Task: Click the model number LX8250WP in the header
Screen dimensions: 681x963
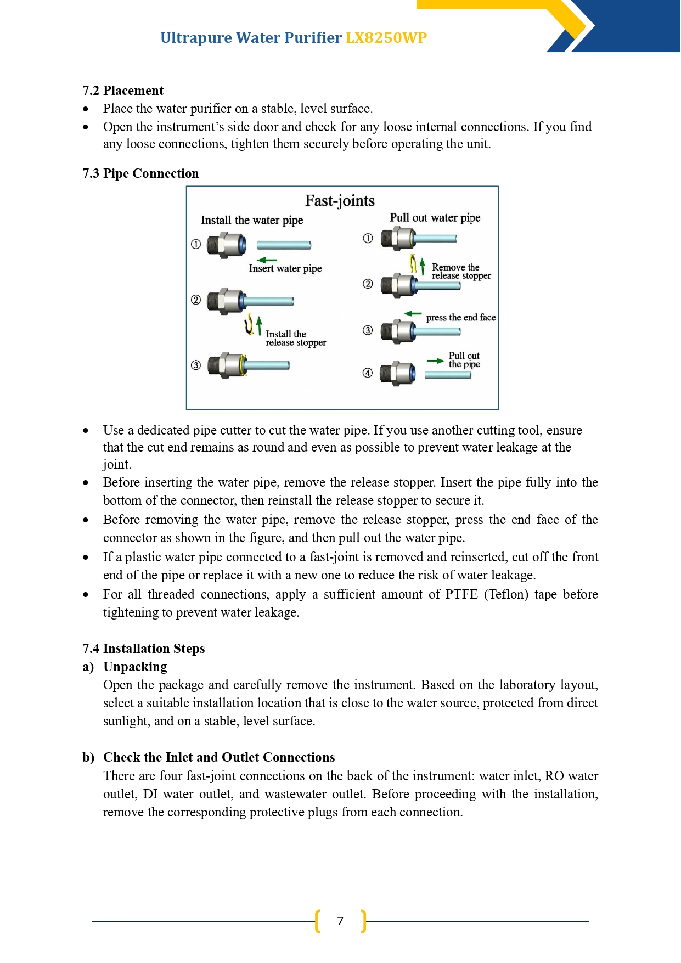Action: coord(386,37)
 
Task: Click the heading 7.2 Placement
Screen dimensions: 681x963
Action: coord(123,91)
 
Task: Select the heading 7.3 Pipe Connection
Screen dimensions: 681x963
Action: coord(140,173)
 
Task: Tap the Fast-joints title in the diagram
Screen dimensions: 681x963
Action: coord(340,201)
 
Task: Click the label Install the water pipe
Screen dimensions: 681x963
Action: coord(252,220)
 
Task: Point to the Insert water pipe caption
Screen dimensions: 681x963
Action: coord(285,268)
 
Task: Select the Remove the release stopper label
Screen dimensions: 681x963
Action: coord(461,272)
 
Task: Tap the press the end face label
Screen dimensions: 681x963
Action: coord(461,317)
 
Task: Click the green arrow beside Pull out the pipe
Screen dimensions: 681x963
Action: coord(435,361)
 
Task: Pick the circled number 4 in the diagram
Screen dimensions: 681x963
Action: coord(368,373)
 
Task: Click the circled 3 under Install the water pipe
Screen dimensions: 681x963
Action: coord(196,365)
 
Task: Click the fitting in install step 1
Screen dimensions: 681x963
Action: coord(227,245)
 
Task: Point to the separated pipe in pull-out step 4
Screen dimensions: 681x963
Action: coord(448,375)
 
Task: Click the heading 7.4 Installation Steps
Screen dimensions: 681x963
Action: coord(144,649)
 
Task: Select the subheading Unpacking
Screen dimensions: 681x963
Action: coord(135,667)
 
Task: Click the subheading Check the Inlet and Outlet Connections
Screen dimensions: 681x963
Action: coord(219,757)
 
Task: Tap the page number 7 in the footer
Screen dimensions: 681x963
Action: coord(340,921)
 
